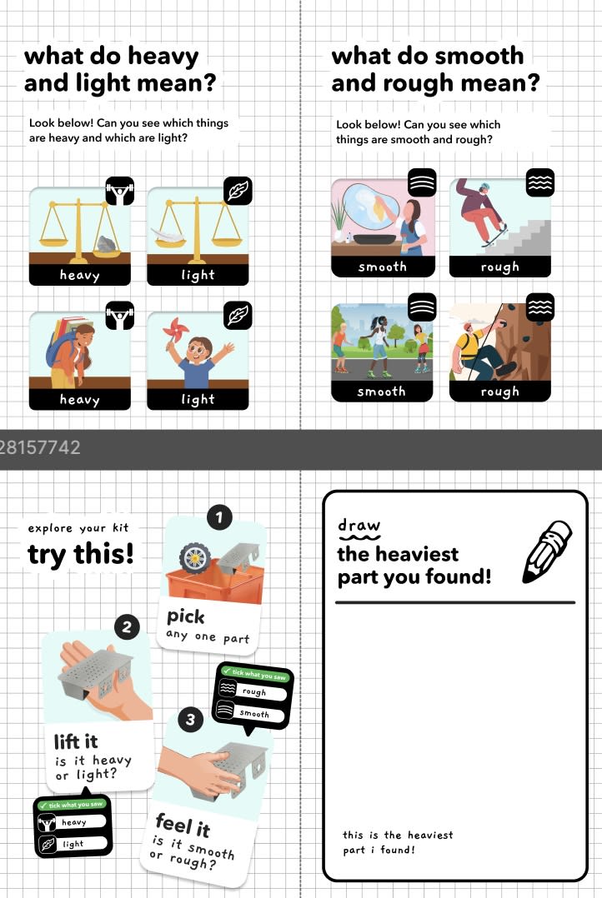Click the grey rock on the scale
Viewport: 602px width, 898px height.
point(108,244)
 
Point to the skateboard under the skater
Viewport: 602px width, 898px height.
point(494,237)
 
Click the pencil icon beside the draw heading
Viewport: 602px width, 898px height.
point(547,552)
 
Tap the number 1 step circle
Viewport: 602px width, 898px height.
point(219,518)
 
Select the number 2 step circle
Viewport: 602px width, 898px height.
point(127,626)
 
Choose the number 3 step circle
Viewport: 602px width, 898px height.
point(190,720)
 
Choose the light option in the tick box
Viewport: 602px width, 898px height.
point(73,844)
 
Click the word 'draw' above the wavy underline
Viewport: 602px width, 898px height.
point(359,525)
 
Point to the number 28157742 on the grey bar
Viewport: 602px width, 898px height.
point(39,447)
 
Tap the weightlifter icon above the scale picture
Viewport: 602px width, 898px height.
point(120,192)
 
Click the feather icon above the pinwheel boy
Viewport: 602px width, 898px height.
point(238,316)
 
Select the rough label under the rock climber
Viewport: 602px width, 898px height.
point(500,392)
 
